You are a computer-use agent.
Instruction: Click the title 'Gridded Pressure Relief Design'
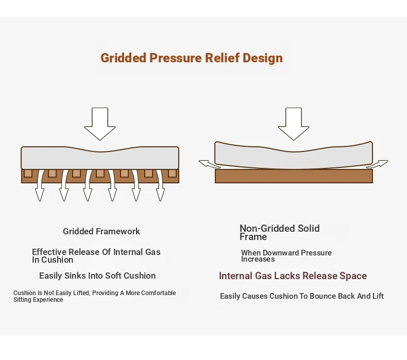pyautogui.click(x=192, y=58)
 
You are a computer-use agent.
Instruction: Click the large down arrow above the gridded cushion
pyautogui.click(x=100, y=124)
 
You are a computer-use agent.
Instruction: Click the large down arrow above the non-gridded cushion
pyautogui.click(x=294, y=124)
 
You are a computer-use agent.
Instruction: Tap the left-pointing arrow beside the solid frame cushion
pyautogui.click(x=209, y=164)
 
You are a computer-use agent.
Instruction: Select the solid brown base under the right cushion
pyautogui.click(x=294, y=176)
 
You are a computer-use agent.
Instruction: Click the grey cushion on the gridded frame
pyautogui.click(x=100, y=158)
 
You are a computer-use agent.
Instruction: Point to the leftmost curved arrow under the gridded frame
pyautogui.click(x=40, y=185)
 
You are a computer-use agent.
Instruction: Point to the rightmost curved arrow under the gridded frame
pyautogui.click(x=160, y=185)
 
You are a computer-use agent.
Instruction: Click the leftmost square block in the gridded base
pyautogui.click(x=28, y=173)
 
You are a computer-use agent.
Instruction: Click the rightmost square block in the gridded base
pyautogui.click(x=172, y=173)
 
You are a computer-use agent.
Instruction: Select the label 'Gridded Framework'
pyautogui.click(x=101, y=231)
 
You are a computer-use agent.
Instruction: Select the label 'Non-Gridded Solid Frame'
pyautogui.click(x=280, y=233)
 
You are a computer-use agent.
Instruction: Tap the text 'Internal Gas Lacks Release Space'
pyautogui.click(x=293, y=276)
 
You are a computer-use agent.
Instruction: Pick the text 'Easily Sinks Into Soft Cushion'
pyautogui.click(x=97, y=276)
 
